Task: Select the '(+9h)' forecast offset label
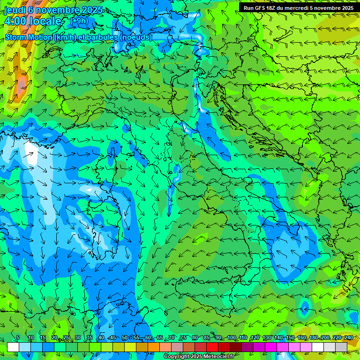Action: (79, 21)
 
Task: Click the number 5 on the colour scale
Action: (18, 337)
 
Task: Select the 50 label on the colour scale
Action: (125, 337)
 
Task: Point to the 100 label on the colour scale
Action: (232, 337)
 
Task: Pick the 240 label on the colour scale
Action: (348, 337)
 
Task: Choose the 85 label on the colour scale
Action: (207, 337)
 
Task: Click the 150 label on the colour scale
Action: (290, 337)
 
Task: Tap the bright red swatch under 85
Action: (212, 347)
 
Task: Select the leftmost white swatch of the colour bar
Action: (13, 347)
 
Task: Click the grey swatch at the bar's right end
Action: (341, 347)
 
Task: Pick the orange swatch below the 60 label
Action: (154, 347)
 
